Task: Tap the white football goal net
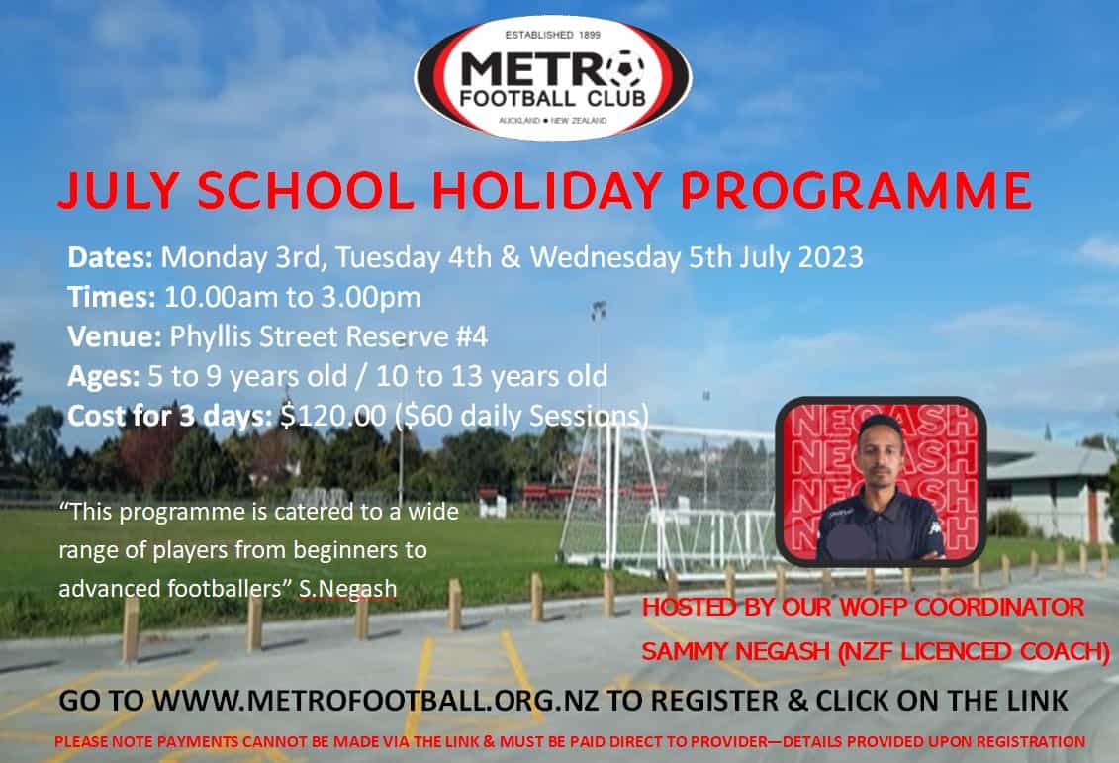click(x=673, y=495)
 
